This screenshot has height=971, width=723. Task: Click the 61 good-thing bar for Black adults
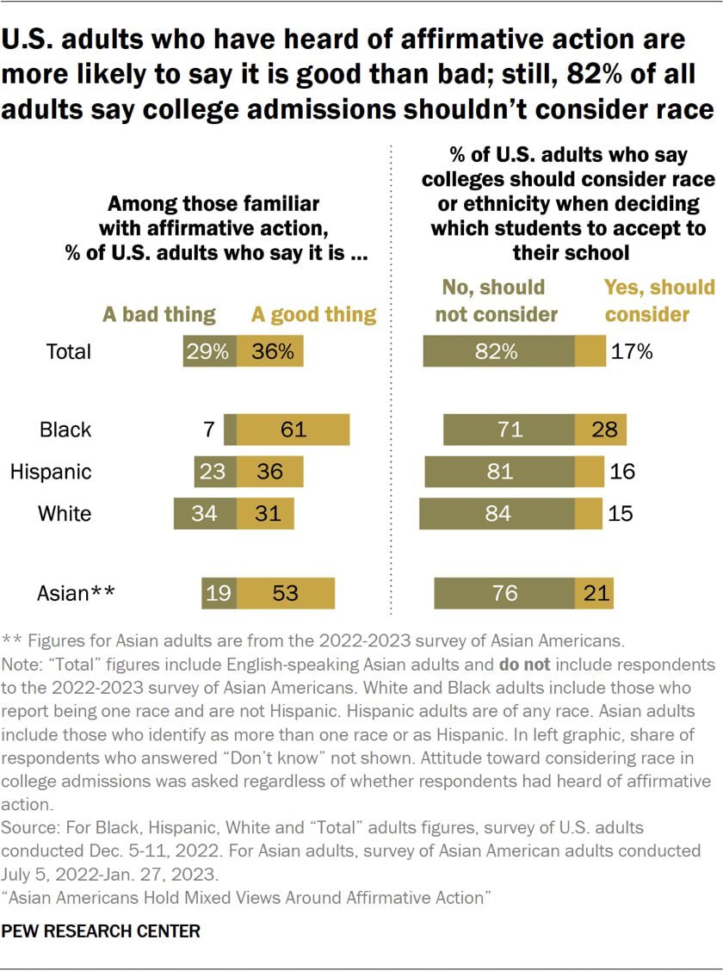click(x=293, y=430)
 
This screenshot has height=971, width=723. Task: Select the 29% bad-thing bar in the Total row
click(x=209, y=351)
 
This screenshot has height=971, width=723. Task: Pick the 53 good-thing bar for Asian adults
click(x=286, y=593)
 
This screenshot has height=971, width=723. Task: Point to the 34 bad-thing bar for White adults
click(x=205, y=514)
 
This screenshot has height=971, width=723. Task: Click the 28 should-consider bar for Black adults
click(x=600, y=430)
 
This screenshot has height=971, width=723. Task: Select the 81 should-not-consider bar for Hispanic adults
click(x=499, y=472)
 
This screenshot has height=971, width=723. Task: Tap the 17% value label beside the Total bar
click(x=633, y=351)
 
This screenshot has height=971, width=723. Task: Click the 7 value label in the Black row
click(x=209, y=430)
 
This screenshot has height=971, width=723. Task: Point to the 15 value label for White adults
click(x=620, y=514)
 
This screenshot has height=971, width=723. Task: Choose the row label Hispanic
click(x=51, y=472)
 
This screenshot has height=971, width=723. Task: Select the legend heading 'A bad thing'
click(x=159, y=314)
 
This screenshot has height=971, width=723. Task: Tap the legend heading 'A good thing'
click(x=313, y=314)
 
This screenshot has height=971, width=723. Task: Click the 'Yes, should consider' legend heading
click(x=659, y=300)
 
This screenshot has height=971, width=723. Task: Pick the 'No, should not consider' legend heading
click(x=496, y=300)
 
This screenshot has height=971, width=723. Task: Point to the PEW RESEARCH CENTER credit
click(x=102, y=931)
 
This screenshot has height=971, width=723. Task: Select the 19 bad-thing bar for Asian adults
click(x=219, y=593)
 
